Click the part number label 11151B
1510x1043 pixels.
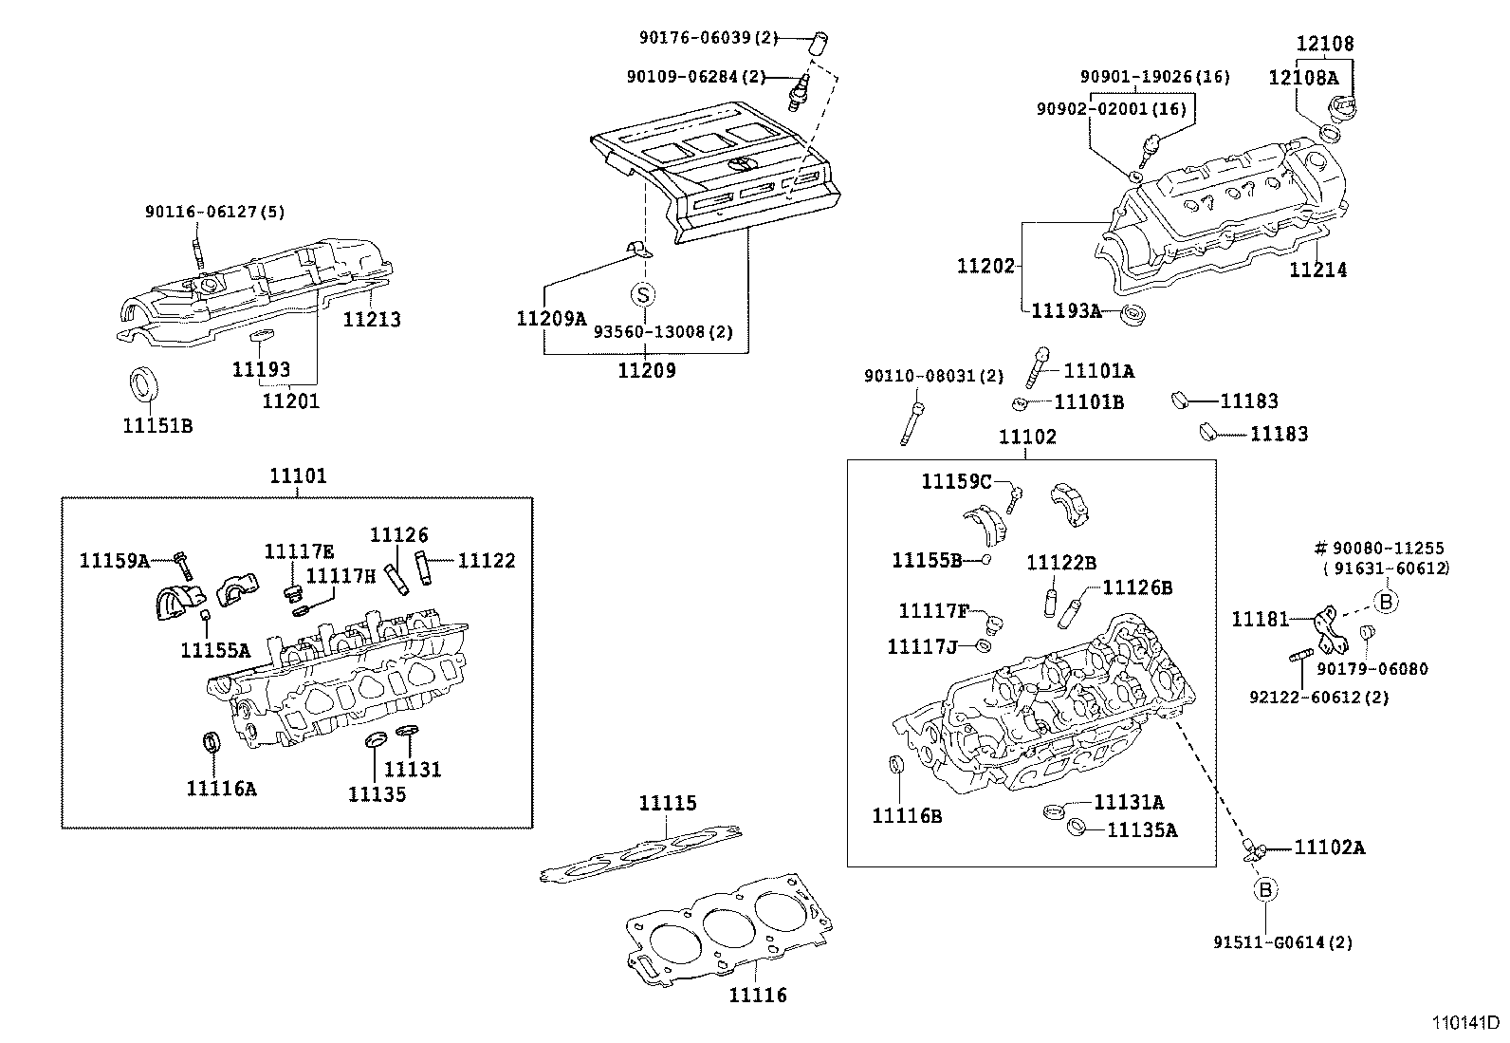point(157,426)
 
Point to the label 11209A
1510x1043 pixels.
point(551,319)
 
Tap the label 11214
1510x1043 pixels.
point(1317,270)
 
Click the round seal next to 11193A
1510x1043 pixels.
point(1130,314)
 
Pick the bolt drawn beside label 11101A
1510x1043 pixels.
point(1037,365)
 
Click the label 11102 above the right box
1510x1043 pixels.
point(1027,437)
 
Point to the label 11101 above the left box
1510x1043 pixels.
point(298,475)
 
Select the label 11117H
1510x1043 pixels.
point(341,575)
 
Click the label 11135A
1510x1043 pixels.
point(1142,830)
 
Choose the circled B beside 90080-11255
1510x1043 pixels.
point(1386,601)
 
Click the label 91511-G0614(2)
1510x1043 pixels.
point(1282,942)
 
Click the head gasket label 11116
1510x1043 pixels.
point(758,995)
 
